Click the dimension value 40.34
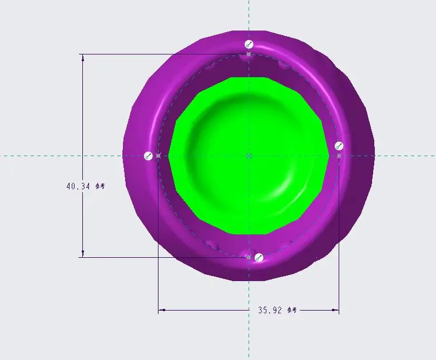(78, 187)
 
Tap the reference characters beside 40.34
(100, 187)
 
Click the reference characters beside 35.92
(293, 310)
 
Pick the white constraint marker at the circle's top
(249, 44)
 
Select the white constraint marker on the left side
(148, 156)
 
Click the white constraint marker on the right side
(339, 146)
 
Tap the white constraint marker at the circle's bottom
(258, 257)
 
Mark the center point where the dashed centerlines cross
(249, 156)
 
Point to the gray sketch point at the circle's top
(249, 54)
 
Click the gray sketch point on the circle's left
(158, 156)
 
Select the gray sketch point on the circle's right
(339, 156)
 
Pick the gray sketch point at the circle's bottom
(249, 257)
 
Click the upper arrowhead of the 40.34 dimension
(83, 57)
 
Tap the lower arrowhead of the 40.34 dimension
(83, 254)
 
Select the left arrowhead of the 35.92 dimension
(162, 311)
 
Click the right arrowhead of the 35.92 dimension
(335, 311)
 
